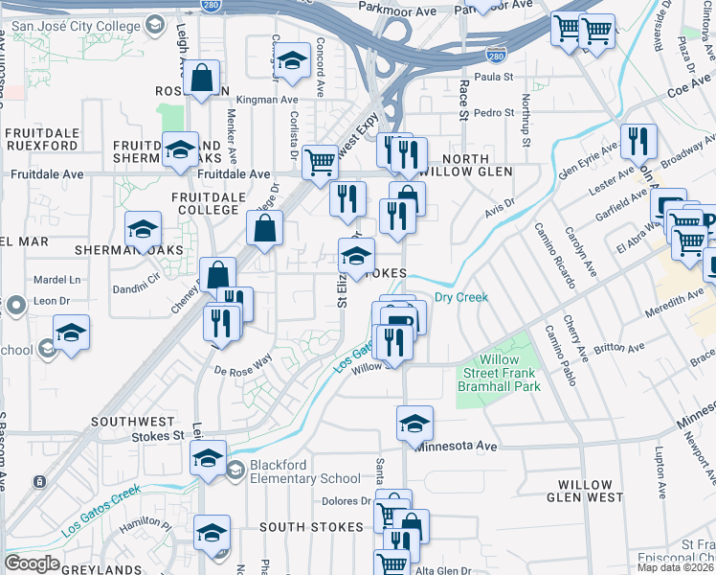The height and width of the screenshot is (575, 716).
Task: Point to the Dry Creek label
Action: (x=461, y=297)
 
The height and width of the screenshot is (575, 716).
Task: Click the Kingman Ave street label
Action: (x=267, y=99)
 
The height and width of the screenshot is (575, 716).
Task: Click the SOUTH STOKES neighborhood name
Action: (x=311, y=527)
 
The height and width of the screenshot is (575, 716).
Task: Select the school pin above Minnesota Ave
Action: (x=414, y=425)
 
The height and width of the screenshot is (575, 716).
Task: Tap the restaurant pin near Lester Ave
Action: (x=638, y=144)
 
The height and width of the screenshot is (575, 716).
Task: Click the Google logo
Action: (x=32, y=563)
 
